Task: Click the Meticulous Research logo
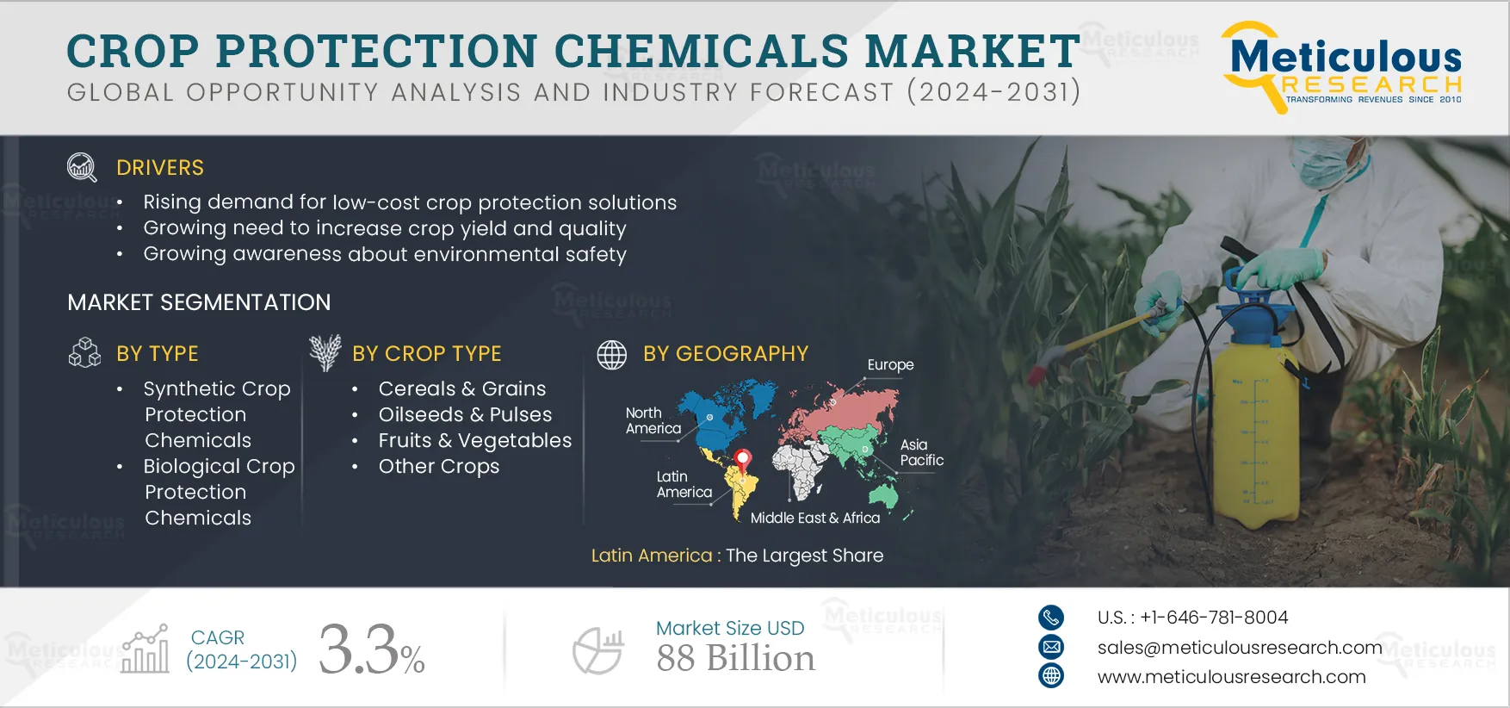[x=1342, y=67]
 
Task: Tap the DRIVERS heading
[x=160, y=168]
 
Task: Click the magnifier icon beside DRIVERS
[x=82, y=167]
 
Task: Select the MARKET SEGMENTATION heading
[x=199, y=302]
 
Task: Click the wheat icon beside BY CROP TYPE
[x=325, y=352]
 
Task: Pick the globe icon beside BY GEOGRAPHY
[x=612, y=354]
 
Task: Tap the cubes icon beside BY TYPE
[x=84, y=352]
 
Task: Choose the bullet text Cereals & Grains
[x=462, y=388]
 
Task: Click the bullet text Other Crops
[x=439, y=466]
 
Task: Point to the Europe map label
[x=890, y=365]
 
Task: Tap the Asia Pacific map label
[x=921, y=452]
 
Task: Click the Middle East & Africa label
[x=815, y=518]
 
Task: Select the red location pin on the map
[x=743, y=461]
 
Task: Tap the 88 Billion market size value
[x=735, y=659]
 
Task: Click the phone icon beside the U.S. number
[x=1051, y=618]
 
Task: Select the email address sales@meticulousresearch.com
[x=1240, y=648]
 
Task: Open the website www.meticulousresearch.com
[x=1231, y=677]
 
